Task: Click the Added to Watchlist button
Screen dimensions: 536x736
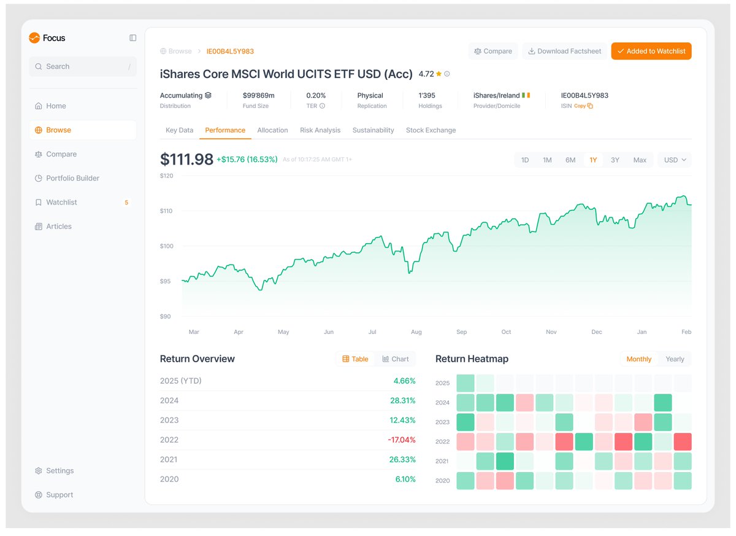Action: pos(651,51)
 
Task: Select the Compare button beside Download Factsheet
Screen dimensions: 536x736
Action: pos(493,51)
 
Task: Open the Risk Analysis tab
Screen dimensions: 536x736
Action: pos(320,130)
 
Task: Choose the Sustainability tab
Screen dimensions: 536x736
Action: pos(373,130)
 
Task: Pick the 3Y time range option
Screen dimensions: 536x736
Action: pos(615,160)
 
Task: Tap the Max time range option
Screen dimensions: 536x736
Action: pos(640,160)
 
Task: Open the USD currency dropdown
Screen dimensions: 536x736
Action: pos(675,160)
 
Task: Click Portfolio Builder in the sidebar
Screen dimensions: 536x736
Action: pos(72,178)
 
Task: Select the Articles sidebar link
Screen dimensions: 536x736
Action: pos(59,227)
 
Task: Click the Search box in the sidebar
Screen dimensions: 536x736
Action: pos(83,66)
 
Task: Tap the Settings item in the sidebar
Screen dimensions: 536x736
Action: pos(59,471)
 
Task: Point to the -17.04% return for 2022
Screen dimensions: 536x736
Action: pos(401,440)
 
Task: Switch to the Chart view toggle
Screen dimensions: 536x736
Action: pos(396,359)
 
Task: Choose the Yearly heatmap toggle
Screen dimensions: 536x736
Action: pos(675,359)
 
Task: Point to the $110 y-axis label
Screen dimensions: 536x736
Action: pos(167,211)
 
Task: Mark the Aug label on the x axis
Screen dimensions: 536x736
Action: pos(416,332)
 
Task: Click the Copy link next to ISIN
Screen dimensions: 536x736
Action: pos(583,106)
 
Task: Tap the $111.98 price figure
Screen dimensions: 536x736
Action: pos(186,160)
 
